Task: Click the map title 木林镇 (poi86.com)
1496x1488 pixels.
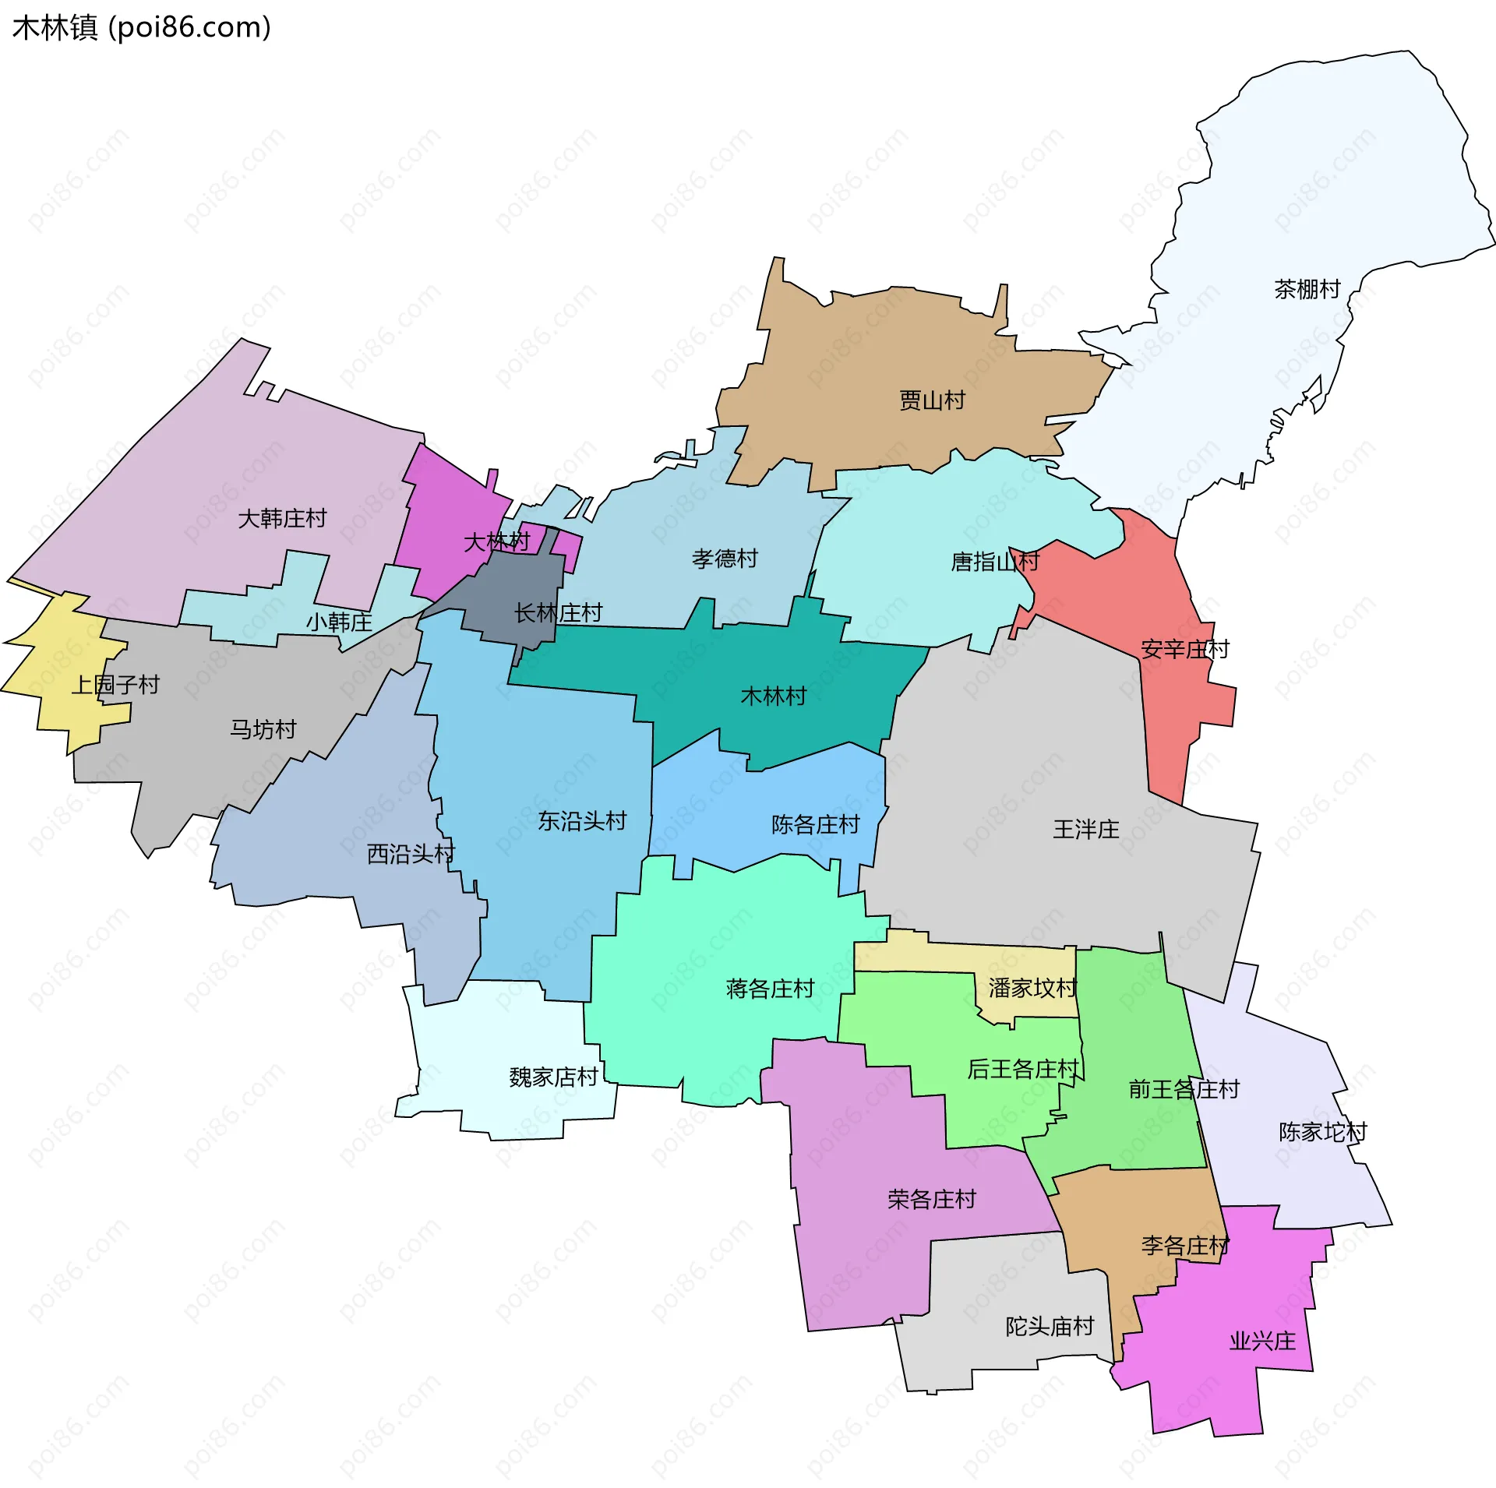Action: coord(142,27)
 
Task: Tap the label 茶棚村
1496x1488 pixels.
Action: coord(1307,289)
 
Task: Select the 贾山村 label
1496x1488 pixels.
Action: coord(932,400)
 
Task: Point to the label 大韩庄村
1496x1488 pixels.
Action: coord(282,518)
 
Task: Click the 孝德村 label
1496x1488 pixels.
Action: coord(725,559)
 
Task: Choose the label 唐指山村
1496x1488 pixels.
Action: coord(995,562)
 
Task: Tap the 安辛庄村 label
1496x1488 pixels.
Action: coord(1184,649)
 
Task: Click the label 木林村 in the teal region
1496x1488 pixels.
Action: coord(773,696)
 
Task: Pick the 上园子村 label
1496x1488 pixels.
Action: coord(115,685)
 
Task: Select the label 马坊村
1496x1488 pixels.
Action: coord(263,729)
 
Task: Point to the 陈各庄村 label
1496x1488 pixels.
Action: coord(815,824)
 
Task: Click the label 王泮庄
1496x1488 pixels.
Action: coord(1085,829)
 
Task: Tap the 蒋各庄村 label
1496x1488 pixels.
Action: coord(770,989)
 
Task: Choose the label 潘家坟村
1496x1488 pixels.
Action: coord(1032,988)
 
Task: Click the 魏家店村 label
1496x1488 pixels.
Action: coord(553,1077)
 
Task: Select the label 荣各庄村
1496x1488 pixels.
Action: coord(931,1199)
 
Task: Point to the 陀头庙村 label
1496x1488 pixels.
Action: coord(1050,1326)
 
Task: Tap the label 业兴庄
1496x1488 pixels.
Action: coord(1262,1341)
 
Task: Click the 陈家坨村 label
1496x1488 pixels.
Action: coord(1322,1132)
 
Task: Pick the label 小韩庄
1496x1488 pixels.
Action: coord(339,622)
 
